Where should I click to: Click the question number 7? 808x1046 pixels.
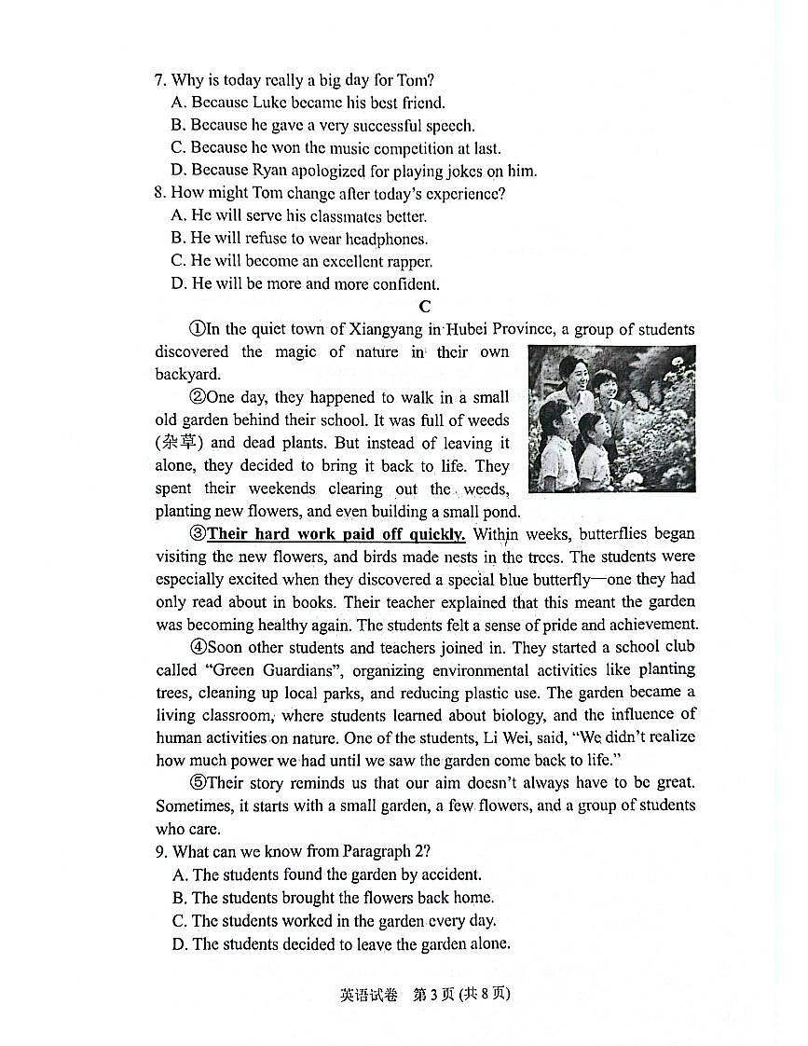[159, 80]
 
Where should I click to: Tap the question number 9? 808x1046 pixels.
[160, 851]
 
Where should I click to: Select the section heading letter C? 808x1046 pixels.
[425, 307]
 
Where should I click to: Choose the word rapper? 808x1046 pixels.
[407, 262]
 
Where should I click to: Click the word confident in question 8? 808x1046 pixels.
[401, 284]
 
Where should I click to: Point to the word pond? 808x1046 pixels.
[500, 511]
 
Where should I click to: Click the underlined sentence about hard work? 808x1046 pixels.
[336, 534]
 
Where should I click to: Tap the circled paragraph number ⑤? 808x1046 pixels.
[197, 783]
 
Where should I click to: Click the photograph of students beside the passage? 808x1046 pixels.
[611, 419]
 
